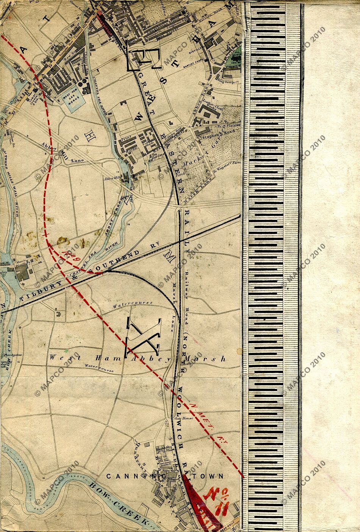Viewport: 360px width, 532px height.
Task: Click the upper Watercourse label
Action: [133, 304]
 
